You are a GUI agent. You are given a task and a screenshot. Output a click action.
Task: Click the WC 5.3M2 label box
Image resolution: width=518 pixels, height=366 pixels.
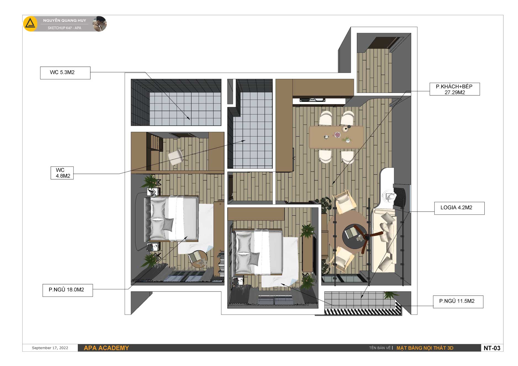[65, 73]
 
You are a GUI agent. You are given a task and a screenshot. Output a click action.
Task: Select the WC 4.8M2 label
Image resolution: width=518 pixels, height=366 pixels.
[62, 173]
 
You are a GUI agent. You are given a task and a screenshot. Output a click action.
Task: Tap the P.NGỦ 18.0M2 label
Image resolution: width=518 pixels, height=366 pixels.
[68, 290]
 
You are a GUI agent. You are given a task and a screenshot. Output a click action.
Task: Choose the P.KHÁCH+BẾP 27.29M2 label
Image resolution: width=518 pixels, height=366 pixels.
[455, 89]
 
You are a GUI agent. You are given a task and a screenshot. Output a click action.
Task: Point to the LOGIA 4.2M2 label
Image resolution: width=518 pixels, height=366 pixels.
[459, 208]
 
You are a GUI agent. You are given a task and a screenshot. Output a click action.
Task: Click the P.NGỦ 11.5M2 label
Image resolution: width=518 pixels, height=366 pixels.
[458, 302]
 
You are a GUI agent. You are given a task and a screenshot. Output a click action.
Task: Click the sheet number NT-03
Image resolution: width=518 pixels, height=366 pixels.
[492, 348]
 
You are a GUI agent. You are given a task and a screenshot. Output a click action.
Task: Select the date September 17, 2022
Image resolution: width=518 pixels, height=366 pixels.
[50, 348]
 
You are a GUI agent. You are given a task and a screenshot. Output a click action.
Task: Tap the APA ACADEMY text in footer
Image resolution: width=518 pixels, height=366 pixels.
[106, 348]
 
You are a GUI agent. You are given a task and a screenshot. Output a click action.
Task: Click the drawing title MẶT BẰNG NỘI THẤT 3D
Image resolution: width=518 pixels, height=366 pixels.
[425, 348]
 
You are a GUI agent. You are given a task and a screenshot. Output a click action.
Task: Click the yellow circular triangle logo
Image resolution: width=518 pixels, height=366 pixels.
[30, 24]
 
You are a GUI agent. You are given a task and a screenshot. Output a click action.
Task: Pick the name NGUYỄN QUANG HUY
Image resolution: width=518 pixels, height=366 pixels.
[65, 20]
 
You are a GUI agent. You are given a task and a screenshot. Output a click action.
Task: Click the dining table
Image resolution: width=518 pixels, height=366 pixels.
[336, 137]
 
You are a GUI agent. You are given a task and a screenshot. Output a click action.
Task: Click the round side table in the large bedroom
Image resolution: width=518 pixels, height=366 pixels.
[198, 259]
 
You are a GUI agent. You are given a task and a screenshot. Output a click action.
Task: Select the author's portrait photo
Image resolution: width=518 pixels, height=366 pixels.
[99, 24]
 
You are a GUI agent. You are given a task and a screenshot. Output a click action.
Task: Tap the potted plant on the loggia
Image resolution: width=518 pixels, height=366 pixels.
[391, 295]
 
